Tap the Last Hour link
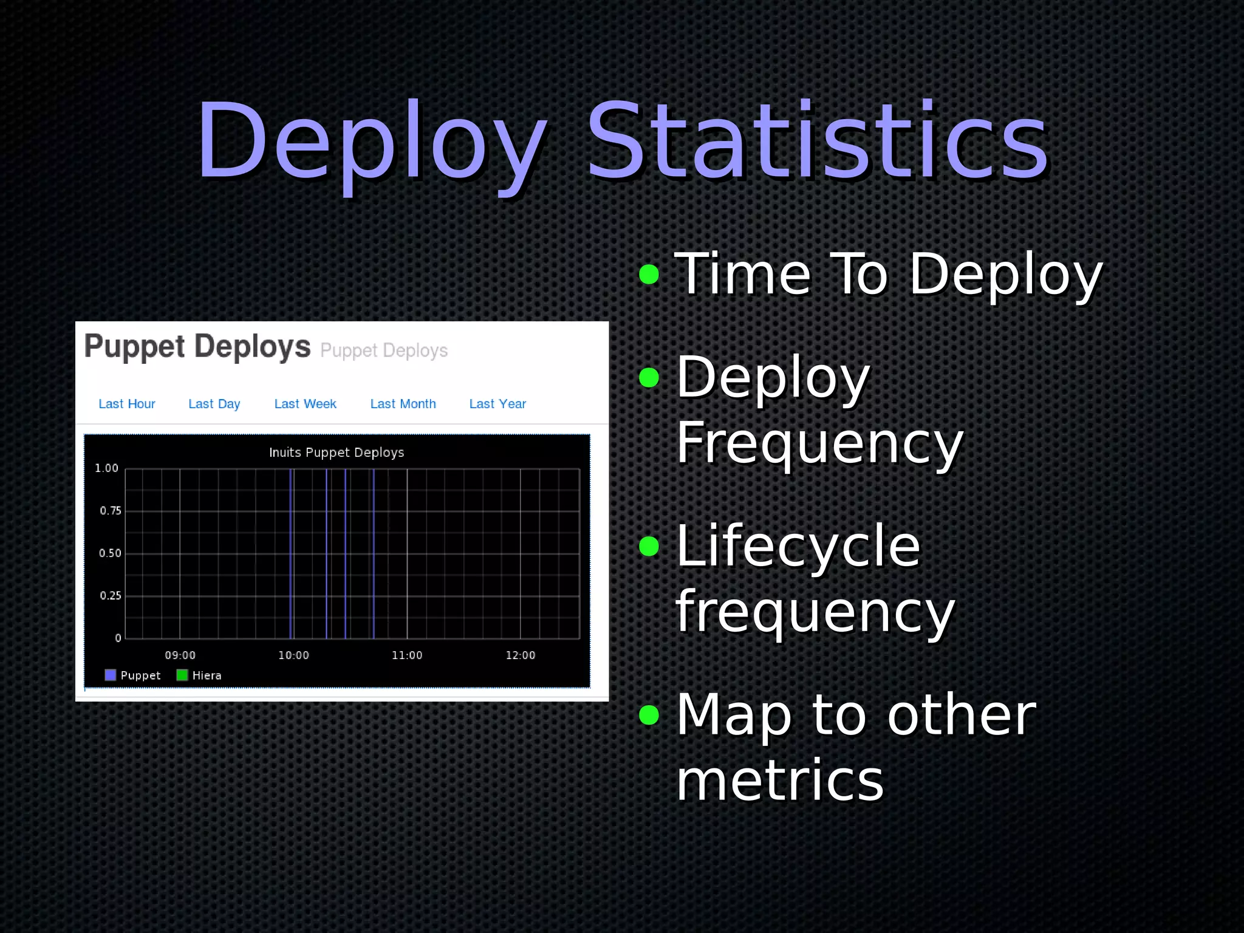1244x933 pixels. pyautogui.click(x=126, y=404)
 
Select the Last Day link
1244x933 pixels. pyautogui.click(x=214, y=404)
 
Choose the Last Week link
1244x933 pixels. pyautogui.click(x=305, y=404)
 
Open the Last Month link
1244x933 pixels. pyautogui.click(x=403, y=404)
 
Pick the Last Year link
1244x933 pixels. pyautogui.click(x=497, y=404)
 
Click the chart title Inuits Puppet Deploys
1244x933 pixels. pyautogui.click(x=336, y=453)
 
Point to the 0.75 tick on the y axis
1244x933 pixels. pyautogui.click(x=111, y=511)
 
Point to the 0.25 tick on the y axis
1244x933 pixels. pyautogui.click(x=111, y=596)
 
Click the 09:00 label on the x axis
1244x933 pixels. pyautogui.click(x=180, y=655)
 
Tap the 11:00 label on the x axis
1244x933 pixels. pyautogui.click(x=406, y=655)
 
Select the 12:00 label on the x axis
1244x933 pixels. pyautogui.click(x=520, y=655)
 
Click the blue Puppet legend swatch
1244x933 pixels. pyautogui.click(x=110, y=675)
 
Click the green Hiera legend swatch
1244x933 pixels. pyautogui.click(x=182, y=675)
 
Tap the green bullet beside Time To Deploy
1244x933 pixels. pyautogui.click(x=649, y=274)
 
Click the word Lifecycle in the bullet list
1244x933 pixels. pyautogui.click(x=798, y=546)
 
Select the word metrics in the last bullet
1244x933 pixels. pyautogui.click(x=779, y=781)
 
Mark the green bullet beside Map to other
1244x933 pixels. pyautogui.click(x=649, y=715)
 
